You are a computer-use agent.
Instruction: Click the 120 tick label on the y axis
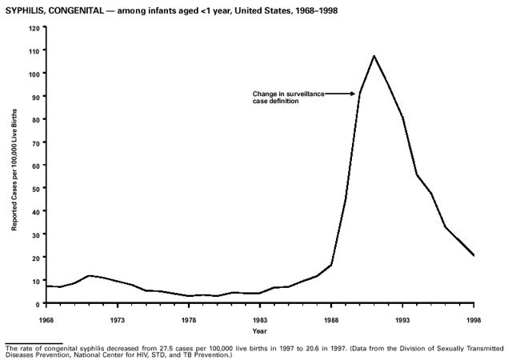(x=35, y=28)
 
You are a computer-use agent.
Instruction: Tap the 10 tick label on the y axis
(x=37, y=281)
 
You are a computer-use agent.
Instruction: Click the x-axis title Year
(x=259, y=330)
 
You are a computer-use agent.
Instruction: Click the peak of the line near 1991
(x=374, y=56)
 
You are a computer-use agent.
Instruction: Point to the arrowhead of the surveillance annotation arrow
(x=353, y=94)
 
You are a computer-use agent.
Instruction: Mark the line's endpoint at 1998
(x=474, y=256)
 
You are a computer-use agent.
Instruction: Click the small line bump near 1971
(x=89, y=276)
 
